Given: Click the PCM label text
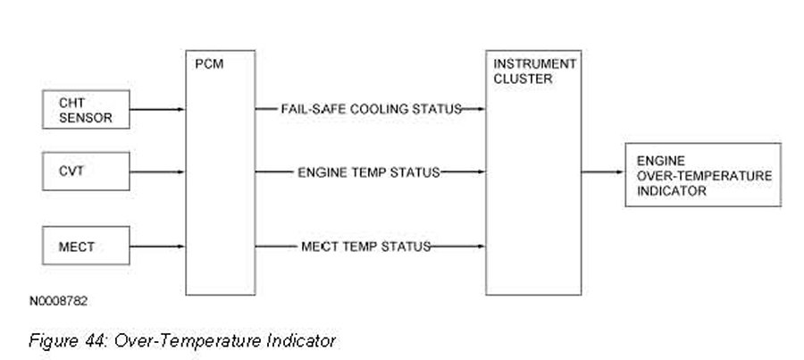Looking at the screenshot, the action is [x=209, y=65].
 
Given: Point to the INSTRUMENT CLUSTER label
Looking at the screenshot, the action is [x=535, y=71].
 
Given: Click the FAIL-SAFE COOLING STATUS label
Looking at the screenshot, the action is [x=372, y=109].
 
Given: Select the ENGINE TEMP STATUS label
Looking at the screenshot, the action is [x=369, y=172].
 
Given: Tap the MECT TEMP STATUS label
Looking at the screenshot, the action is [x=365, y=247].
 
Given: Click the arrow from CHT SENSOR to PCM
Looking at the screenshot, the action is [x=157, y=109].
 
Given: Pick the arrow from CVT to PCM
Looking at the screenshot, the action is [x=157, y=172].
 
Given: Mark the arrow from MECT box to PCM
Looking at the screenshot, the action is [x=157, y=247].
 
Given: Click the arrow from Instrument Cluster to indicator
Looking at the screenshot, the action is [x=603, y=172].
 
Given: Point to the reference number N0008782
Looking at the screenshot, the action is [x=58, y=301].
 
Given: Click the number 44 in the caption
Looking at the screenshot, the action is [x=96, y=340].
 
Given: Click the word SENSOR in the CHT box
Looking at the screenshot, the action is [x=85, y=118].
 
